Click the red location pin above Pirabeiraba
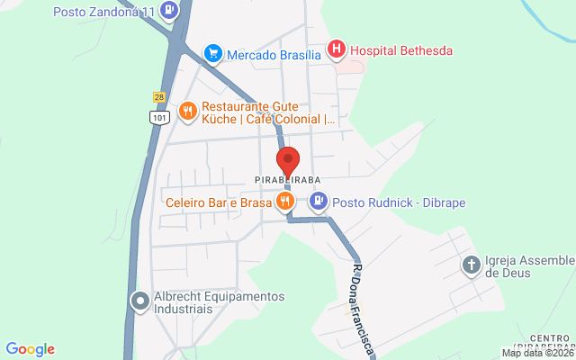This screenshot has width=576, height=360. pos(288,162)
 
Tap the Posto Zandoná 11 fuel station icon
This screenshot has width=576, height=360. pos(169,12)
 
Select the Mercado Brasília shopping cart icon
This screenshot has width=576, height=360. pos(213,54)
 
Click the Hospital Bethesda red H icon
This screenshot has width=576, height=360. pos(336,50)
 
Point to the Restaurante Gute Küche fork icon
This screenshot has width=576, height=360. pos(187,111)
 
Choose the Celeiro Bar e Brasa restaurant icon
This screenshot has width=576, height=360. pos(285,202)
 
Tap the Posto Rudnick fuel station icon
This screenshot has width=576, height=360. pos(319,202)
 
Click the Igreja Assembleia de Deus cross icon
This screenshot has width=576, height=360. pos(471,265)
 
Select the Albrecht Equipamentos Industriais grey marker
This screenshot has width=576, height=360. pos(139,302)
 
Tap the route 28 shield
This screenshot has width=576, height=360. pos(158,96)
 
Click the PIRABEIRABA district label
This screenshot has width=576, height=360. pos(288,181)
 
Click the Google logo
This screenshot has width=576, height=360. pos(30,349)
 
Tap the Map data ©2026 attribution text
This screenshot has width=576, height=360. pos(537,353)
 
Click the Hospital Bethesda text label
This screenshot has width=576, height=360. pos(400,50)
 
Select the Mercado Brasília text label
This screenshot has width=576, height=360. pos(274,54)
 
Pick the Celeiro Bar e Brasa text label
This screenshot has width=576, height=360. pos(219,202)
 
